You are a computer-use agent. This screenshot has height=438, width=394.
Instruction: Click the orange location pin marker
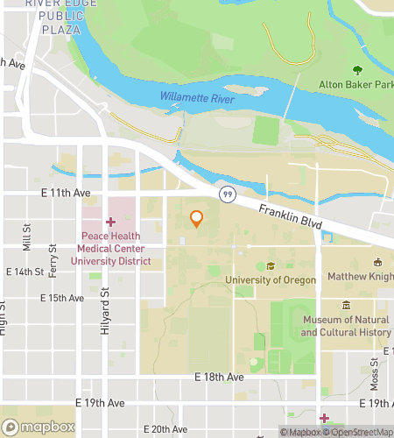tap(197, 219)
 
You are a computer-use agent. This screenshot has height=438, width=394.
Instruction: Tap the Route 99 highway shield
tap(227, 194)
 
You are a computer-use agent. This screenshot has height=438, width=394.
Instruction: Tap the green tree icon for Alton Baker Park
tap(356, 70)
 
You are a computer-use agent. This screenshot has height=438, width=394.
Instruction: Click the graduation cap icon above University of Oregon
tap(271, 266)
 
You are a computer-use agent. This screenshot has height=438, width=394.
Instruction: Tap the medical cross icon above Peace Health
tap(111, 223)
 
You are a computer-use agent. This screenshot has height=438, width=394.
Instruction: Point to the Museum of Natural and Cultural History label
tap(345, 326)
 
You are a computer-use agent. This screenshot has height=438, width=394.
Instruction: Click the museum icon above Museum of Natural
tap(346, 306)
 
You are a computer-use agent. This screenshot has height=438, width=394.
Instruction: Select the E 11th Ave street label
tap(65, 193)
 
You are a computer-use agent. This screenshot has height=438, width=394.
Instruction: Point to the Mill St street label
tap(26, 235)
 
